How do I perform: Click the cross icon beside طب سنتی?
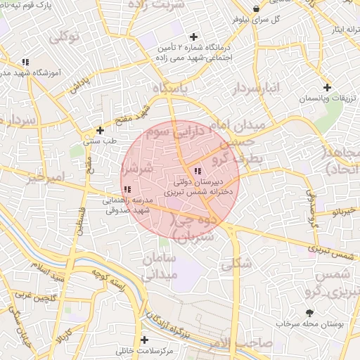(101, 130)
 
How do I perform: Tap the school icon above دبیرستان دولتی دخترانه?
(198, 171)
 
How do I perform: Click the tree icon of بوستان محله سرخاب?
(310, 313)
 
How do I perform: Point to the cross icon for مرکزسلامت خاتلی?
(144, 340)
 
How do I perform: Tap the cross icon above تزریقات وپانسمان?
(327, 87)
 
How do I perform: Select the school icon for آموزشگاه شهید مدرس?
(26, 62)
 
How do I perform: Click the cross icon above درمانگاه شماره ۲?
(193, 37)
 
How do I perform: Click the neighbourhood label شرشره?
(136, 169)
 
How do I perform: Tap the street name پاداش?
(79, 86)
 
